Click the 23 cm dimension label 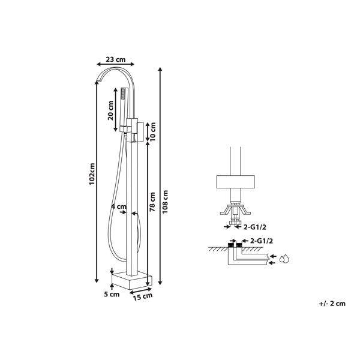click(115, 59)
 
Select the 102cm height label click(92, 174)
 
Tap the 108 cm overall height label click(165, 202)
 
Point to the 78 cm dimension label click(152, 202)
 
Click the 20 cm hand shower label click(110, 110)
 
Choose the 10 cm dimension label click(152, 131)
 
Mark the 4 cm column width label click(119, 206)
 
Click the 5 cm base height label click(112, 294)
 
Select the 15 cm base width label click(143, 296)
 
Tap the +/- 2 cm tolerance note click(332, 304)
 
